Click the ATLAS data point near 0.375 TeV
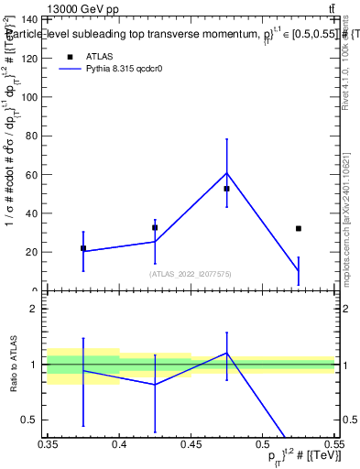coord(83,248)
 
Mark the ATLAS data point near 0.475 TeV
coord(226,189)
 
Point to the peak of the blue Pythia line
coord(226,173)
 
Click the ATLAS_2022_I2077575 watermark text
coord(191,273)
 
